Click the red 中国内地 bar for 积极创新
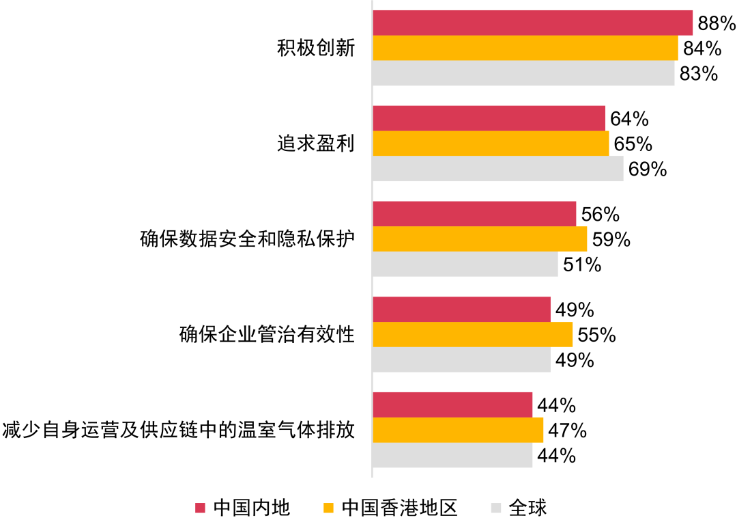pyautogui.click(x=532, y=23)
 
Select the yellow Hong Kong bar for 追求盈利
pyautogui.click(x=491, y=144)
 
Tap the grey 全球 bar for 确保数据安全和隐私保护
pyautogui.click(x=465, y=264)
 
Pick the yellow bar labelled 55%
pyautogui.click(x=472, y=335)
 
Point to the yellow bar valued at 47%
pyautogui.click(x=458, y=431)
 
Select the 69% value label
pyautogui.click(x=648, y=169)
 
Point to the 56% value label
pyautogui.click(x=601, y=215)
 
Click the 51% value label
pyautogui.click(x=582, y=264)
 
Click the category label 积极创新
pyautogui.click(x=316, y=49)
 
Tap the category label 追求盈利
pyautogui.click(x=316, y=144)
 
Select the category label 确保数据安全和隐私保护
pyautogui.click(x=247, y=240)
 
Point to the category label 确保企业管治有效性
pyautogui.click(x=267, y=336)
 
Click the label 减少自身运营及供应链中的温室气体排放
pyautogui.click(x=179, y=431)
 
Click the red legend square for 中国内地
pyautogui.click(x=200, y=508)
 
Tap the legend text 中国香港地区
pyautogui.click(x=399, y=508)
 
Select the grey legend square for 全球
pyautogui.click(x=496, y=508)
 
